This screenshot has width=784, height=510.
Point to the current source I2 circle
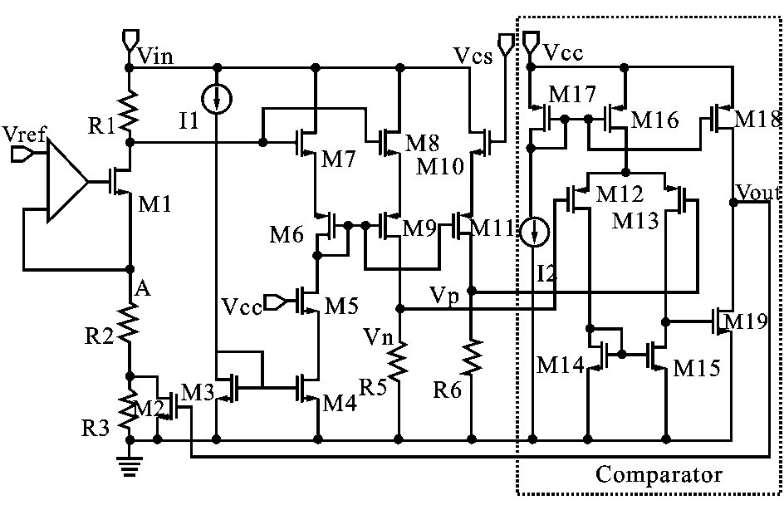coord(531,232)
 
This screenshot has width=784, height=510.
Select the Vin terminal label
coord(157,56)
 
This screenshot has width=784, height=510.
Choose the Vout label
coord(758,194)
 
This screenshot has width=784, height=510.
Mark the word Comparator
coord(659,476)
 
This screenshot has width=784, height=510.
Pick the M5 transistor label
coord(342,306)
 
